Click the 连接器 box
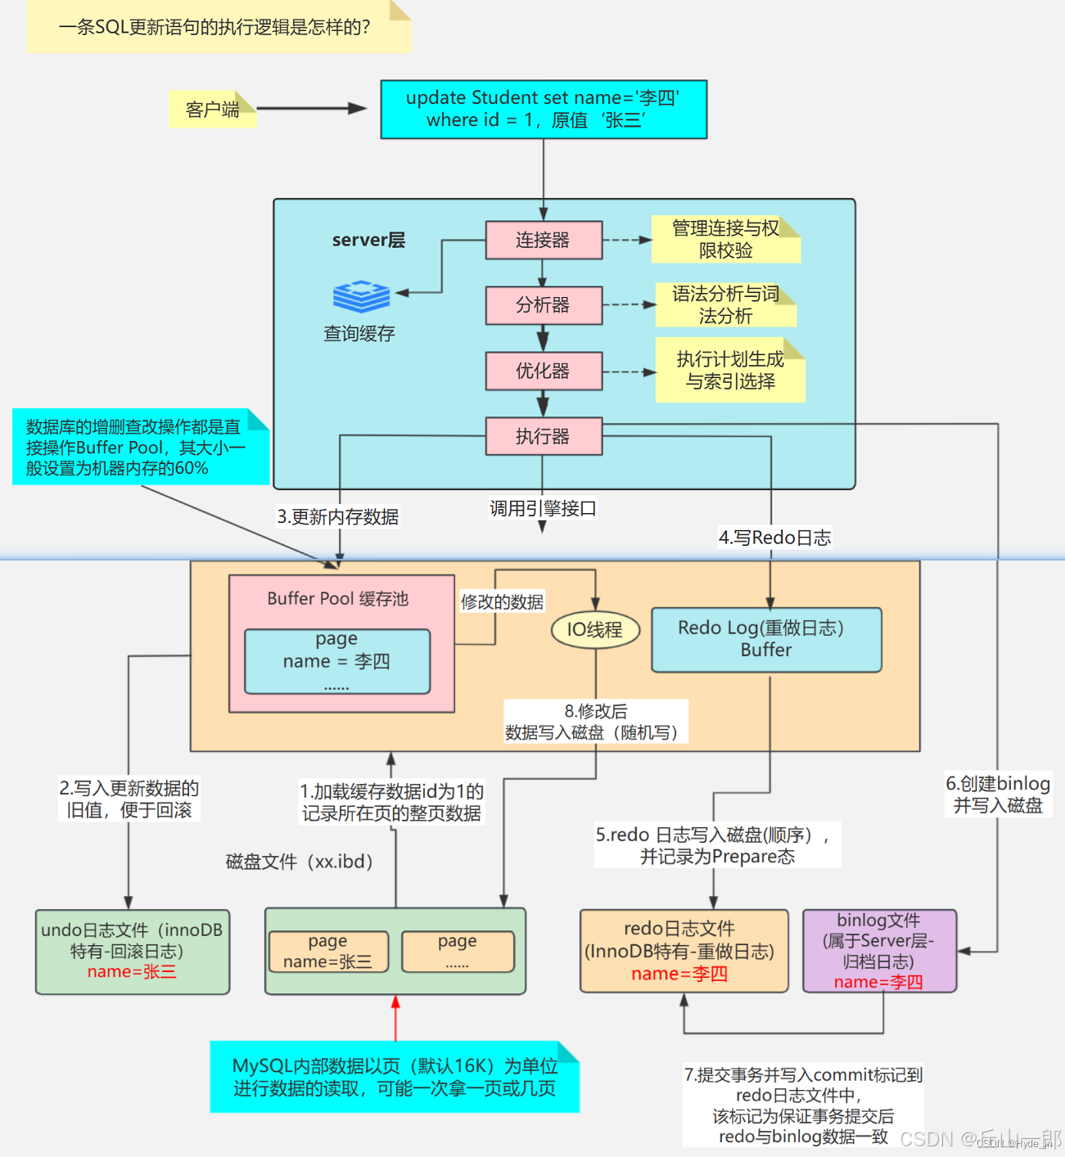pyautogui.click(x=544, y=240)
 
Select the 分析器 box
pyautogui.click(x=544, y=305)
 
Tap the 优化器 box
pyautogui.click(x=544, y=371)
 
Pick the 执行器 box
pyautogui.click(x=544, y=436)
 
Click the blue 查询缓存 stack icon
pyautogui.click(x=361, y=296)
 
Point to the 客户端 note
pyautogui.click(x=213, y=109)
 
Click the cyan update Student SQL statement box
pyautogui.click(x=544, y=109)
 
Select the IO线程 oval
pyautogui.click(x=595, y=629)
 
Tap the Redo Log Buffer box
pyautogui.click(x=766, y=639)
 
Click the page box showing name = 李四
pyautogui.click(x=337, y=661)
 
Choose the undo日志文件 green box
pyautogui.click(x=133, y=951)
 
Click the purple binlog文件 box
pyautogui.click(x=879, y=951)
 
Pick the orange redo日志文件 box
pyautogui.click(x=684, y=951)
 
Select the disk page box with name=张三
pyautogui.click(x=328, y=952)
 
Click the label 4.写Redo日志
pyautogui.click(x=774, y=538)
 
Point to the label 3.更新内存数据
pyautogui.click(x=338, y=517)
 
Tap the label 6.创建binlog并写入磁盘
pyautogui.click(x=998, y=795)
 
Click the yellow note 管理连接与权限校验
pyautogui.click(x=725, y=239)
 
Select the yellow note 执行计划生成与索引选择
pyautogui.click(x=730, y=371)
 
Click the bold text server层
pyautogui.click(x=368, y=240)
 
